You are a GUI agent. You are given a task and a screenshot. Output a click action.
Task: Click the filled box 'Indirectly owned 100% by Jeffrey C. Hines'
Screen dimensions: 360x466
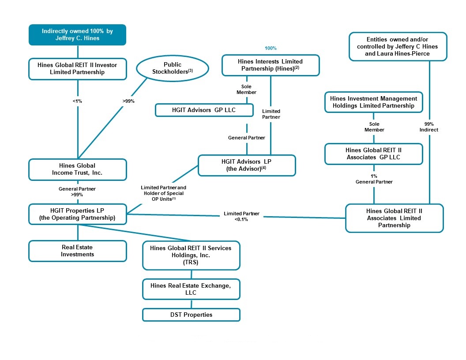[x=78, y=34]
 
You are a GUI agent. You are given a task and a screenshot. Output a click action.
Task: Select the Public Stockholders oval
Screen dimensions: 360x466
[x=172, y=68]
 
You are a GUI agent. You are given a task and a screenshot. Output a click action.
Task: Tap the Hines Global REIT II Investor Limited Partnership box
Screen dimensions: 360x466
[x=78, y=69]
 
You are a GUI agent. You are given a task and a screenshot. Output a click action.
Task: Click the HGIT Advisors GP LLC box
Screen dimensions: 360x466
[x=204, y=110]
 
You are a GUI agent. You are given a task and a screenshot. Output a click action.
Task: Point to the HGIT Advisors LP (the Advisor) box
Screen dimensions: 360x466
[x=247, y=165]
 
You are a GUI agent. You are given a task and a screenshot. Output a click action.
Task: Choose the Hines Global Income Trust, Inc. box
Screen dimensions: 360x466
[x=78, y=169]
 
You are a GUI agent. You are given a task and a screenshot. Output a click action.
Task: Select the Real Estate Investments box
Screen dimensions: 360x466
[x=78, y=251]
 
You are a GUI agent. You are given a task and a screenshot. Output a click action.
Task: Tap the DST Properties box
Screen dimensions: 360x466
[x=191, y=315]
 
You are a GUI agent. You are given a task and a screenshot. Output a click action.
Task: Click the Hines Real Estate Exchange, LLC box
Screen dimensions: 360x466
[x=191, y=289]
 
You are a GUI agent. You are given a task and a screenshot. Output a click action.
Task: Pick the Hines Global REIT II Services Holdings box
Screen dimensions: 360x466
[x=191, y=255]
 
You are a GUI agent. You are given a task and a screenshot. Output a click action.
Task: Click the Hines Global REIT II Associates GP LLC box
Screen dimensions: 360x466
[x=374, y=154]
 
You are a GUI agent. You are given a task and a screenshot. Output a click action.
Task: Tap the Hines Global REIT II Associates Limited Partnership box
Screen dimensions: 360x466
[x=394, y=218]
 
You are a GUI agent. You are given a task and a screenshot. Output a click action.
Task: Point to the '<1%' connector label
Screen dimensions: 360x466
[x=78, y=101]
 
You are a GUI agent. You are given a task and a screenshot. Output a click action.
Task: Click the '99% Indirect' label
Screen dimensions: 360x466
[x=428, y=127]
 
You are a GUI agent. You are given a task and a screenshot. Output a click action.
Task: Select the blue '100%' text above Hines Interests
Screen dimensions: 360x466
[x=271, y=48]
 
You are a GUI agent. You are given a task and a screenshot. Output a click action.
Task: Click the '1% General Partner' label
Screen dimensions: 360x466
[x=374, y=179]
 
